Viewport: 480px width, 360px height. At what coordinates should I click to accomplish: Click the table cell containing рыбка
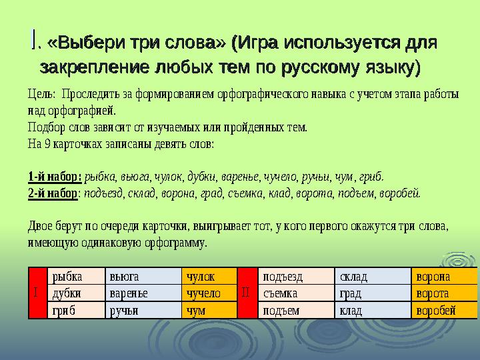pyautogui.click(x=76, y=277)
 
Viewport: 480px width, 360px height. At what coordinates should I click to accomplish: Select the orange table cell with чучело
pyautogui.click(x=209, y=293)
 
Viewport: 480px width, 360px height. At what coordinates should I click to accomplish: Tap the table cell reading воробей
pyautogui.click(x=444, y=311)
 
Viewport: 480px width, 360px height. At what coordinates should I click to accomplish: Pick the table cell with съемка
pyautogui.click(x=296, y=293)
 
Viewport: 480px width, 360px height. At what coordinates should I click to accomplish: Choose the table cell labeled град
pyautogui.click(x=373, y=293)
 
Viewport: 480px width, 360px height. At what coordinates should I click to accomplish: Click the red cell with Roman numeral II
pyautogui.click(x=247, y=293)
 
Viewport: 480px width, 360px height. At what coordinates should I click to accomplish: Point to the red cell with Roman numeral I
pyautogui.click(x=37, y=293)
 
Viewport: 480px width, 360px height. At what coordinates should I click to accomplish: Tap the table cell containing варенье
pyautogui.click(x=143, y=293)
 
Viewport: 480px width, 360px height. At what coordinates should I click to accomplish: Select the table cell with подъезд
pyautogui.click(x=296, y=277)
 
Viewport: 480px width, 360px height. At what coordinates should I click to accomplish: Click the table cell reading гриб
pyautogui.click(x=76, y=311)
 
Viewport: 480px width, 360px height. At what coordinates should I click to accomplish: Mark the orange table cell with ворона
pyautogui.click(x=444, y=277)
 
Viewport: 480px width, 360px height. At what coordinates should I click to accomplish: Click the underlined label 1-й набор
pyautogui.click(x=55, y=177)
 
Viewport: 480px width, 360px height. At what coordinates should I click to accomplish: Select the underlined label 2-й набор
pyautogui.click(x=53, y=193)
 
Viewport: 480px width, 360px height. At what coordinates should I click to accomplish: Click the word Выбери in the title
pyautogui.click(x=86, y=42)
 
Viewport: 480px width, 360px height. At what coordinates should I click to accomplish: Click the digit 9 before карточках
pyautogui.click(x=47, y=144)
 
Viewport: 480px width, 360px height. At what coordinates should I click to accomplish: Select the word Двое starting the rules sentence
pyautogui.click(x=40, y=226)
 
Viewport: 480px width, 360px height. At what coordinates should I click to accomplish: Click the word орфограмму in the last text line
pyautogui.click(x=176, y=243)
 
